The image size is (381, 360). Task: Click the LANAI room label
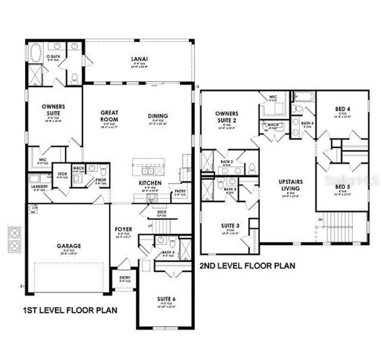139,59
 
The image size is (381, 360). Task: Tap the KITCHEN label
149,183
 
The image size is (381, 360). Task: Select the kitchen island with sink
149,164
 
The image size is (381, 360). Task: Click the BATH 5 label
169,252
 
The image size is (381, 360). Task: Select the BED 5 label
342,187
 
